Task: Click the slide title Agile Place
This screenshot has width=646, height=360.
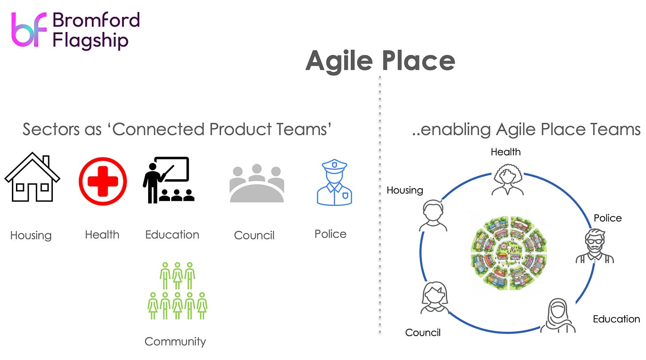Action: point(380,61)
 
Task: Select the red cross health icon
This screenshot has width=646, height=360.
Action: point(102,181)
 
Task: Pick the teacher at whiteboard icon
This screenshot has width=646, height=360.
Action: point(169,180)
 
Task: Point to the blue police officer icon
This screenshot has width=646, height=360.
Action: point(334,183)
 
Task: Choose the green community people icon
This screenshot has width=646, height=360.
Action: point(177,291)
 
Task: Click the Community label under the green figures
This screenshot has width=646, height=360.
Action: point(175,341)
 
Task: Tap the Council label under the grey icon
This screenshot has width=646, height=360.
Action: point(254,235)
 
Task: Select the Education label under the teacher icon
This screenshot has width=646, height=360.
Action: point(172,234)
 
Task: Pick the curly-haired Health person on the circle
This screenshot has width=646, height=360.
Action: point(508,180)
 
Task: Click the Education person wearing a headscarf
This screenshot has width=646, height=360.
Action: point(558,316)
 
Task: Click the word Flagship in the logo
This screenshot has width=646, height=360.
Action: point(91,41)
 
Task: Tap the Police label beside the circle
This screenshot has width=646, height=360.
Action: point(607,218)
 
